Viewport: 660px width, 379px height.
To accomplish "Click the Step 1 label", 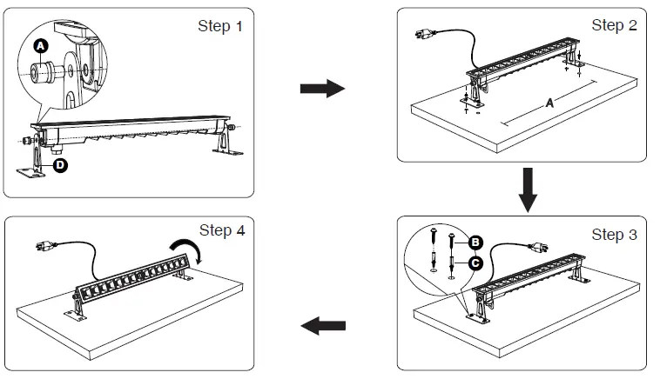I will [x=220, y=26].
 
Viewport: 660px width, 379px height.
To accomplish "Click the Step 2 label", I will [x=614, y=25].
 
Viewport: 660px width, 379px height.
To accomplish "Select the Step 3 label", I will [x=614, y=235].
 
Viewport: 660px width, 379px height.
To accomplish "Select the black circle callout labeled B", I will [x=476, y=242].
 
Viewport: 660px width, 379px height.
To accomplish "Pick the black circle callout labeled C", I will [x=476, y=261].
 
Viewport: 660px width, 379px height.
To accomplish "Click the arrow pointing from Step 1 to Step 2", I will [x=321, y=89].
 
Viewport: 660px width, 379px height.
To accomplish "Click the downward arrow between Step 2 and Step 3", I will [x=527, y=190].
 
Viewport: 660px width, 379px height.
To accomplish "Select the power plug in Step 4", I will [x=41, y=249].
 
